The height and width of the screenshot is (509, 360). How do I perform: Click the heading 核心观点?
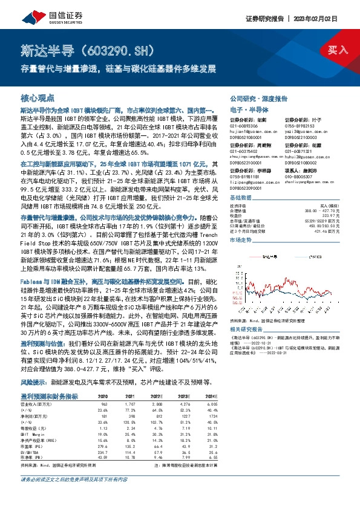pyautogui.click(x=38, y=97)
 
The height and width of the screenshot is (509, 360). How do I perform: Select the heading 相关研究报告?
pyautogui.click(x=245, y=329)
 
